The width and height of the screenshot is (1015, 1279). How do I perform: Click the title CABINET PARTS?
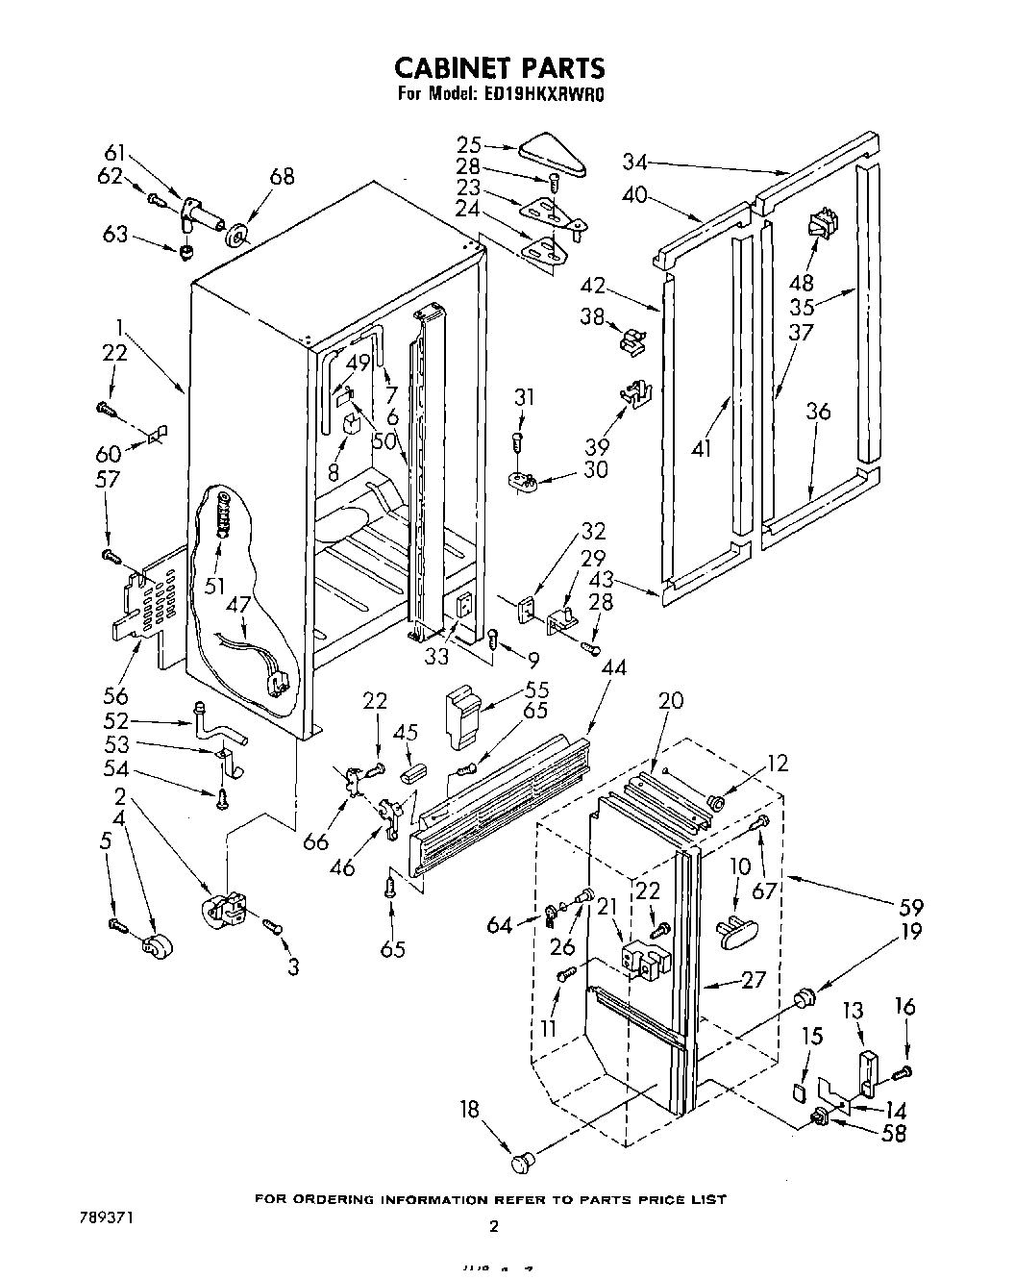point(500,67)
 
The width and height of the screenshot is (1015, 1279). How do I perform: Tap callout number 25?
point(469,145)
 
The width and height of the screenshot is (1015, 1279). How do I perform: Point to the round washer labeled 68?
point(236,236)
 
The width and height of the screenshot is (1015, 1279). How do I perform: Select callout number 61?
point(114,152)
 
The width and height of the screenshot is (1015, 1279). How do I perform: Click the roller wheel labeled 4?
point(152,947)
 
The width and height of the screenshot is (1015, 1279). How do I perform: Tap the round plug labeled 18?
point(521,1161)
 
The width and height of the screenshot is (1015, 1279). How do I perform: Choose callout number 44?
point(613,667)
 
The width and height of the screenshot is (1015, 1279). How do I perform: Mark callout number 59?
point(910,907)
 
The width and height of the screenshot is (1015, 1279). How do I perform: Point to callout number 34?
point(635,161)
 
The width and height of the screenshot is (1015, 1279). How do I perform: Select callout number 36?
point(818,412)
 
